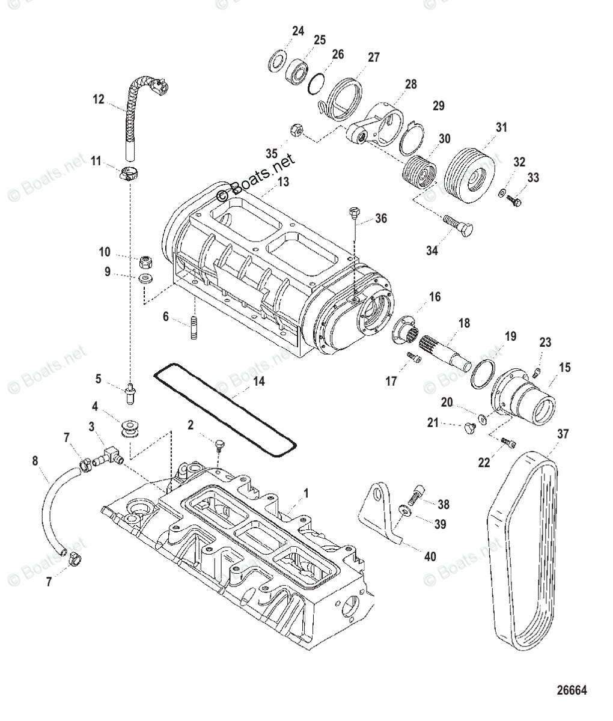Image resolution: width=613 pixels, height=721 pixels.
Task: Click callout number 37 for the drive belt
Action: pos(563,434)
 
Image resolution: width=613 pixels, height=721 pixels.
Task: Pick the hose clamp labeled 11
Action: pos(129,175)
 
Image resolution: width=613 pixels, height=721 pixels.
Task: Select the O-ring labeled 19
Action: pos(484,376)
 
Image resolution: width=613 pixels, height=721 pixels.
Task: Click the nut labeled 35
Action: pos(295,130)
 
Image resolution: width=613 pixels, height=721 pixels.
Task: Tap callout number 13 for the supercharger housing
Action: pos(283,181)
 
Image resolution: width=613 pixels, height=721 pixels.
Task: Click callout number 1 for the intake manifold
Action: pos(305,493)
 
